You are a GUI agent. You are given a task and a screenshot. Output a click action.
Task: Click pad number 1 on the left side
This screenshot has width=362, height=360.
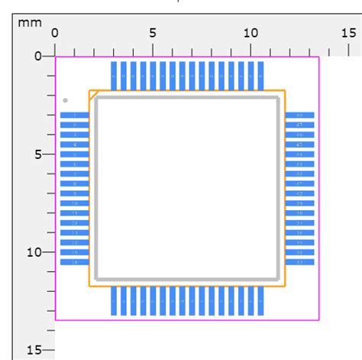74,115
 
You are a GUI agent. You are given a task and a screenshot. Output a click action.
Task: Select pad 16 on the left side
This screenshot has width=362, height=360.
74,262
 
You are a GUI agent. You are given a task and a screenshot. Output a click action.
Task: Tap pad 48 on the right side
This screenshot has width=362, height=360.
299,115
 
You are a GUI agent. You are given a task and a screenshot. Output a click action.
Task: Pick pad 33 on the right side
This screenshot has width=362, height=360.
299,262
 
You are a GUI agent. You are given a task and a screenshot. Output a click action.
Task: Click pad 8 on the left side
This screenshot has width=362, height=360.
74,183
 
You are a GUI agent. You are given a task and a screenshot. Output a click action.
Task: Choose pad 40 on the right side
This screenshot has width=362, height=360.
299,193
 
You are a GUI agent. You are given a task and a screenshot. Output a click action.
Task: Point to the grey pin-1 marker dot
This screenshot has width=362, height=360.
66,100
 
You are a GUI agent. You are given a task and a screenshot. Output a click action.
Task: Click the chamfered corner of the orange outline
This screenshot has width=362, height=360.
92,94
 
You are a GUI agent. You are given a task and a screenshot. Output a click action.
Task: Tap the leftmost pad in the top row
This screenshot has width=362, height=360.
114,76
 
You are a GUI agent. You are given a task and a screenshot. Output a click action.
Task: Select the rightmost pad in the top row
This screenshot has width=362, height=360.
260,76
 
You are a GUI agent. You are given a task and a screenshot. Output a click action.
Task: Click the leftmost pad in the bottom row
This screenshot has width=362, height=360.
114,300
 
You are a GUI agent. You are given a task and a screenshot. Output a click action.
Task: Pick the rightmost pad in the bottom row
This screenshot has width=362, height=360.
260,300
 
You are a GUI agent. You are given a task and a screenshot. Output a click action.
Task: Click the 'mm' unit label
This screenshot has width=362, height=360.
30,23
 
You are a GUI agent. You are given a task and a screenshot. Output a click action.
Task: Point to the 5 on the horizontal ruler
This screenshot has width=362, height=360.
153,33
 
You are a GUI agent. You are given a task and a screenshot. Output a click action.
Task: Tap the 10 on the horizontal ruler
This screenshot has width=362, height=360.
250,33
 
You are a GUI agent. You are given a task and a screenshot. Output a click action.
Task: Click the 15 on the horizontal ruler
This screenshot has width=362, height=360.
348,33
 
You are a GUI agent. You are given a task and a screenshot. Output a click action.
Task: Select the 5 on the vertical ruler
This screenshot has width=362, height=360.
38,154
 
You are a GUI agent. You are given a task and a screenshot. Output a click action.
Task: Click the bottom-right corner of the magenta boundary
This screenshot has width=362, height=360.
319,320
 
